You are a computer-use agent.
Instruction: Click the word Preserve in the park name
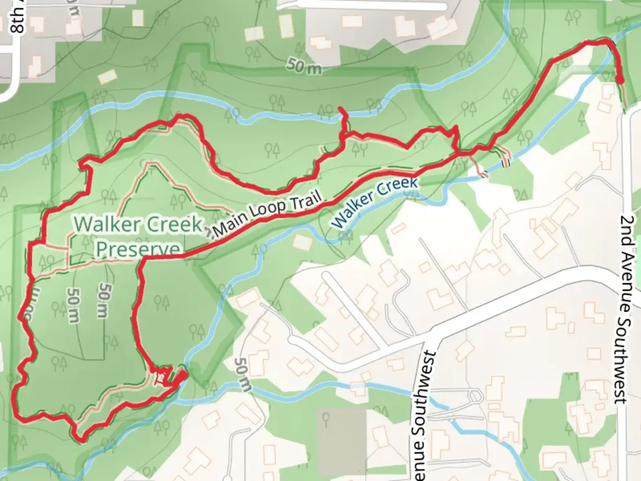click(x=138, y=250)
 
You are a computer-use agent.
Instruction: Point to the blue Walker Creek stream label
click(x=375, y=203)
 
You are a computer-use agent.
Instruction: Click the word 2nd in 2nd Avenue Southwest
click(x=628, y=229)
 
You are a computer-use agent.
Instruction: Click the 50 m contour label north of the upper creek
click(x=304, y=66)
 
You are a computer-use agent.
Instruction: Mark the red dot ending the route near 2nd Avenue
click(x=620, y=80)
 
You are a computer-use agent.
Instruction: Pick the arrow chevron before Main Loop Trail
click(x=209, y=233)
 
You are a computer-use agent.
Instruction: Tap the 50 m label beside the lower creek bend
click(x=243, y=374)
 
